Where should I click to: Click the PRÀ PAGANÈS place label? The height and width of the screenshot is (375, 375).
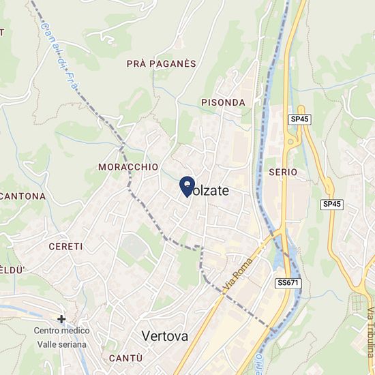pos(161,63)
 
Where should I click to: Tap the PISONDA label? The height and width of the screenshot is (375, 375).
pos(223,102)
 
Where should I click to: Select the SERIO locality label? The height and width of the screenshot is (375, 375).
pos(283,172)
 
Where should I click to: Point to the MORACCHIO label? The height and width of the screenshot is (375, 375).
pos(128,167)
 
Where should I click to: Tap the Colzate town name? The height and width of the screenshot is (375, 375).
pos(207,192)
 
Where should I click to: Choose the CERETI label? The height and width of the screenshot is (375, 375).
pos(65,246)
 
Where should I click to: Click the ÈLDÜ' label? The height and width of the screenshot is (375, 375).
pos(12,270)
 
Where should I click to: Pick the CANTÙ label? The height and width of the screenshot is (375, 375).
pos(125,359)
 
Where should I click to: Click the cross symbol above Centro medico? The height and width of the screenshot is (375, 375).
pos(61,318)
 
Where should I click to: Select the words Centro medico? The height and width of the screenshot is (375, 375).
pos(61,331)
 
